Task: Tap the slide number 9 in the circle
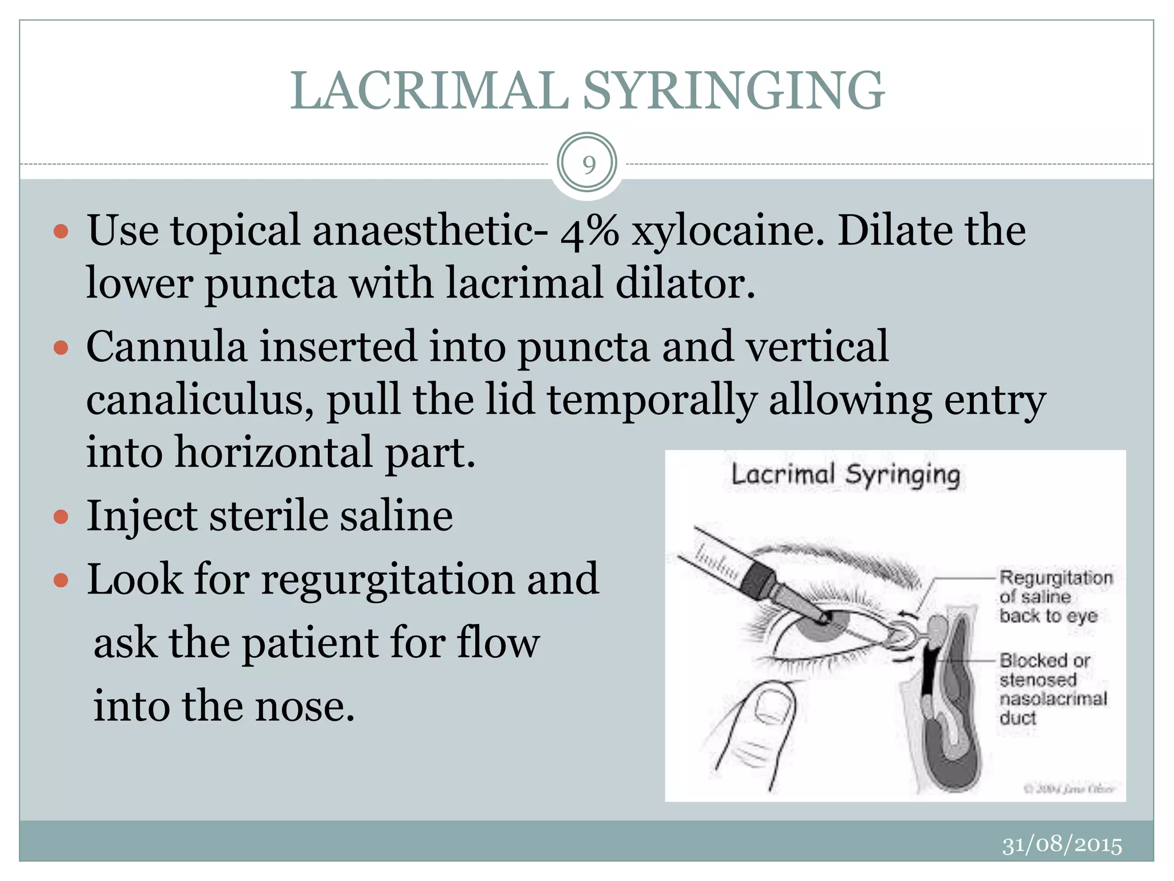point(588,165)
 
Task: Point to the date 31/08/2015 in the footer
point(1062,845)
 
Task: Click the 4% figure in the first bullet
point(589,231)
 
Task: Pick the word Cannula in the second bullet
point(166,347)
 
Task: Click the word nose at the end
point(304,706)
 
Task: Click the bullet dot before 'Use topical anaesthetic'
point(61,232)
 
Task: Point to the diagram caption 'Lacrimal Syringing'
point(846,475)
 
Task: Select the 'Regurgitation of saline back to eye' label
point(1055,597)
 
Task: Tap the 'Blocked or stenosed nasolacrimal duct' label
point(1052,689)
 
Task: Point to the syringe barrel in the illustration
point(717,554)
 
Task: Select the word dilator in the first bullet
point(684,284)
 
